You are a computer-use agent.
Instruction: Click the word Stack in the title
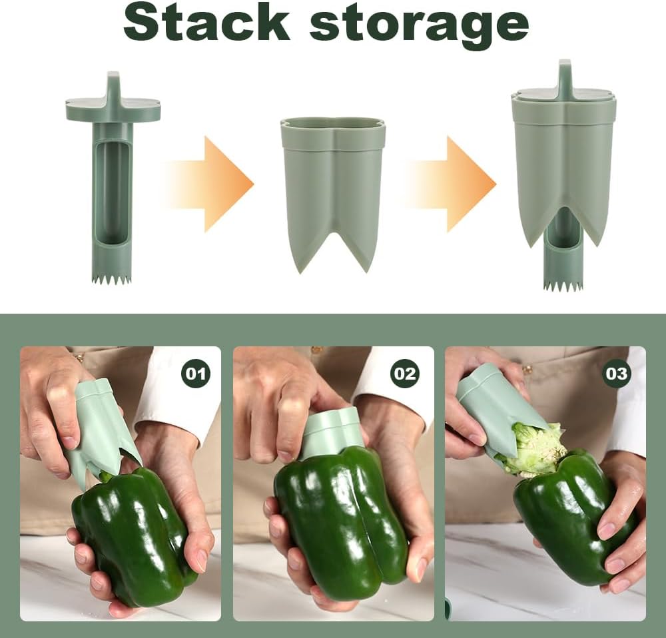coord(206,23)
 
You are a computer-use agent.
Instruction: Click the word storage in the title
coord(419,25)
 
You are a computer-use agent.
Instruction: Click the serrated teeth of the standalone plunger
coord(111,279)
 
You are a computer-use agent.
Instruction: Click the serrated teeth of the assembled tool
coord(563,285)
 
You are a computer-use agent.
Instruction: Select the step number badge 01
coord(195,374)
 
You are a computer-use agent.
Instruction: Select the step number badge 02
coord(405,374)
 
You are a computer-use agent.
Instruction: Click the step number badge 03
coord(616,374)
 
